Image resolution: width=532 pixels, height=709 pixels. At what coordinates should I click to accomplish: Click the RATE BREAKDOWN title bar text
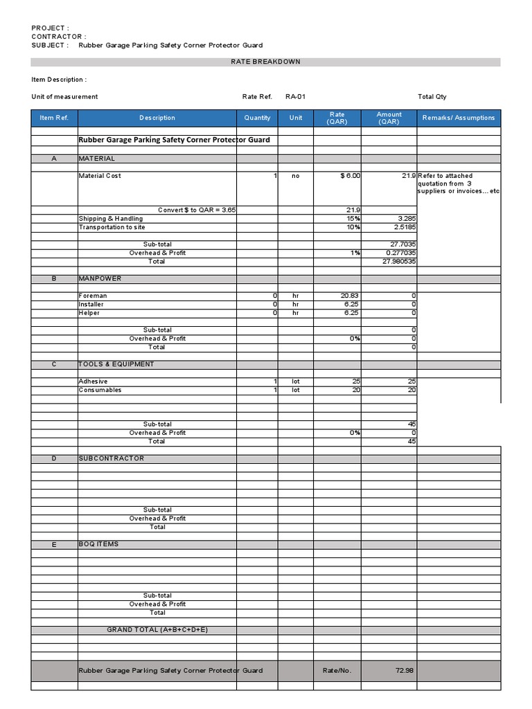[x=265, y=62]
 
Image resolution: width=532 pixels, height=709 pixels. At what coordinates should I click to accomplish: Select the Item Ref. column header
[x=54, y=118]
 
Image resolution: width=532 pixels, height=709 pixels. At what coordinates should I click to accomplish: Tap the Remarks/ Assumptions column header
[x=459, y=118]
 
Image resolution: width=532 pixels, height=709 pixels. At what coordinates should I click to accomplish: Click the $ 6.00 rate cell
[x=350, y=176]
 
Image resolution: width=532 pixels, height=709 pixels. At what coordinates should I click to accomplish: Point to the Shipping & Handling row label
[x=111, y=219]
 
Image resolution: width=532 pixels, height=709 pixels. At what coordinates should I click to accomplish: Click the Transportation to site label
[x=112, y=227]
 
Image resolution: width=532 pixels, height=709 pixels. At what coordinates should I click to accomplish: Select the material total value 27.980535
[x=398, y=262]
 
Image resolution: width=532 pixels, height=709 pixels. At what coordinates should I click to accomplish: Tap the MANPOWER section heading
[x=100, y=278]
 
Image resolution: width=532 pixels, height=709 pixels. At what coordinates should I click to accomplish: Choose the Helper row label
[x=89, y=313]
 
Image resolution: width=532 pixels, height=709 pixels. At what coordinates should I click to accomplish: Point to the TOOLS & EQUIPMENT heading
[x=116, y=364]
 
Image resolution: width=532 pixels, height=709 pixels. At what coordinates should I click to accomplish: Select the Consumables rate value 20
[x=355, y=390]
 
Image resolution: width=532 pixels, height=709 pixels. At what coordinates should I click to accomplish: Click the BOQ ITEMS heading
[x=99, y=544]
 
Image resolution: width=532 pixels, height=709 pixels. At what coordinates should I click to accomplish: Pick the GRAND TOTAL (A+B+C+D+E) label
[x=157, y=629]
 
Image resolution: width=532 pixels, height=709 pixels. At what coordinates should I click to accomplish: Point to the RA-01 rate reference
[x=295, y=97]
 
